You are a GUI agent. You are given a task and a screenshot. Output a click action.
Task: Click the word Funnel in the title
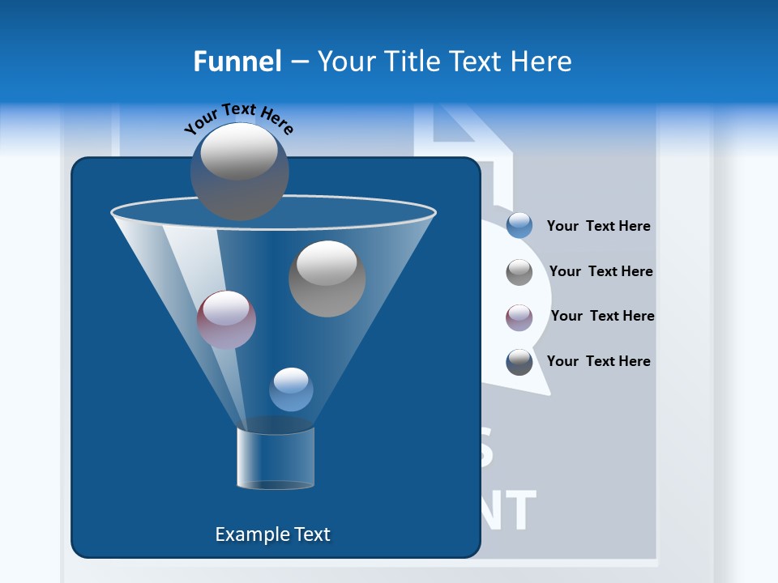237,62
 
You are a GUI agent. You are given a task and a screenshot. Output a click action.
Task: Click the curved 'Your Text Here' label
239,118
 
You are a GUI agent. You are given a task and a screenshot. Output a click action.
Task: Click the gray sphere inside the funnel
327,279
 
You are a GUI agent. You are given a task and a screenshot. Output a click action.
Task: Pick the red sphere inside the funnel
226,320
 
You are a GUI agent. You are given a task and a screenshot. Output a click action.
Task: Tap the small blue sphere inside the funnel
291,389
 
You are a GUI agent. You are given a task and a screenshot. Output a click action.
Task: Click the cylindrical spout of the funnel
276,457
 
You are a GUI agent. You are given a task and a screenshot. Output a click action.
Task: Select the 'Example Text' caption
273,534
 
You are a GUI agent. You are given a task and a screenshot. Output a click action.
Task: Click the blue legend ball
519,226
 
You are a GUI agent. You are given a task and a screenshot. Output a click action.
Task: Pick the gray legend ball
519,272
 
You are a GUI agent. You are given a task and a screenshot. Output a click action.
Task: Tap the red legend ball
519,317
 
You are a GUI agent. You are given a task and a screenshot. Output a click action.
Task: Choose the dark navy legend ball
519,362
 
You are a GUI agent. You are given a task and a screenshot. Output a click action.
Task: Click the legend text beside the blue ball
598,227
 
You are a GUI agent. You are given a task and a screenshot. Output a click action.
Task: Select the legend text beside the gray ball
601,271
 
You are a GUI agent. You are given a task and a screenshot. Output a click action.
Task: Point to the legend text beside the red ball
602,316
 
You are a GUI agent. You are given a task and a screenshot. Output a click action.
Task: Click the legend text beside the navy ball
598,361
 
